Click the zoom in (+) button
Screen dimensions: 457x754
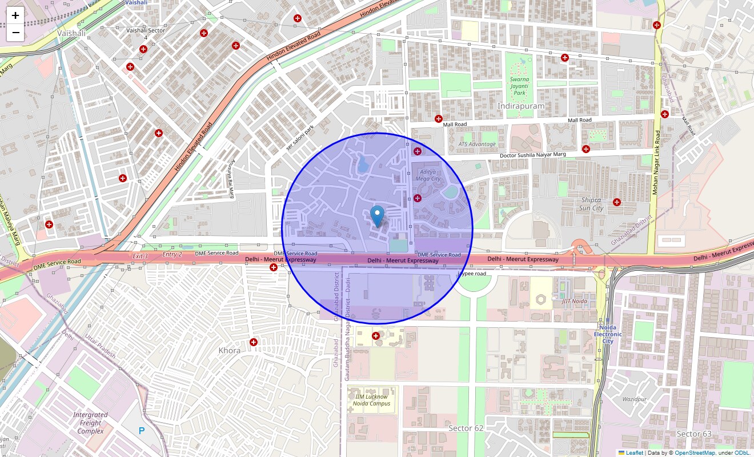point(15,15)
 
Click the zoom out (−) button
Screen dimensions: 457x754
point(15,33)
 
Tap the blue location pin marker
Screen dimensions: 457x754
point(377,216)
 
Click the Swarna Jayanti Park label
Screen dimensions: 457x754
point(519,86)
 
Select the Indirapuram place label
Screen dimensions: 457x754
point(520,106)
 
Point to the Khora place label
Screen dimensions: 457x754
point(229,350)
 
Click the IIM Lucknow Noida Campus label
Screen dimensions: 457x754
point(372,400)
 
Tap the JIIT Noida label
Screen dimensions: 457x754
point(574,301)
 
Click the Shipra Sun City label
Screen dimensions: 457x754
point(591,204)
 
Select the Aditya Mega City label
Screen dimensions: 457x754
point(428,175)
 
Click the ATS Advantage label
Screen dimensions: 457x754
point(477,144)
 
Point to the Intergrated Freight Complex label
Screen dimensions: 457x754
point(90,423)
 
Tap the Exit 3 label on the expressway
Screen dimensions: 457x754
point(140,256)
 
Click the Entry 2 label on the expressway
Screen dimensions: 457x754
point(172,254)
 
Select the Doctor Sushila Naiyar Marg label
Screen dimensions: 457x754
point(532,155)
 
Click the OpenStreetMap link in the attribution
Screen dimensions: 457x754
point(695,453)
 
